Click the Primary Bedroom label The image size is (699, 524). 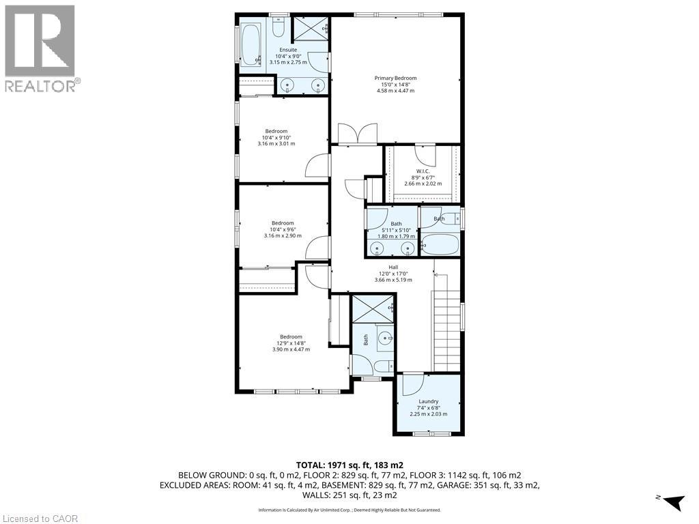tap(395, 78)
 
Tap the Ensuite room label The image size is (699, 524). tap(288, 50)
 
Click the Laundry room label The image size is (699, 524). tap(428, 401)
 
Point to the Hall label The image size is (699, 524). tap(393, 267)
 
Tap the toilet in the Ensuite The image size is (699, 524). tap(279, 27)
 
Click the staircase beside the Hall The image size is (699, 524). tap(446, 330)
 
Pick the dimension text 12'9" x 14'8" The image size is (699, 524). tap(291, 343)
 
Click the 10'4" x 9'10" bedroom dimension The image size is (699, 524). tap(276, 138)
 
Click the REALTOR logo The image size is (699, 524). tap(40, 48)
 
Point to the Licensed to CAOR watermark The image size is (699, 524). tap(39, 519)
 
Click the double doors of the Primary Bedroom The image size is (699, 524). tap(358, 134)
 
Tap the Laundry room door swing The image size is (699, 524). tap(412, 385)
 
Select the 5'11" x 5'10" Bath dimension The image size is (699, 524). tap(396, 230)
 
